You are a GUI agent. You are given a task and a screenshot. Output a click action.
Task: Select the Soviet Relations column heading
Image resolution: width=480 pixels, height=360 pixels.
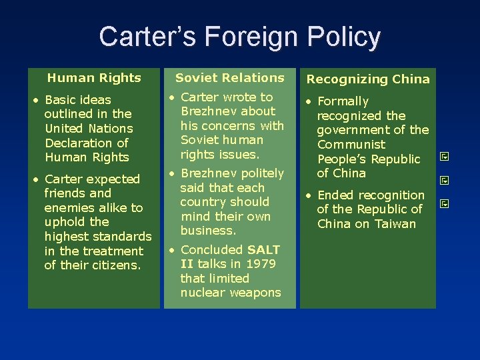click(x=230, y=78)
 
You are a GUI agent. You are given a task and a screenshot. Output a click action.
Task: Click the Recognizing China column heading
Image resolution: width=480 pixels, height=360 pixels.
click(x=368, y=79)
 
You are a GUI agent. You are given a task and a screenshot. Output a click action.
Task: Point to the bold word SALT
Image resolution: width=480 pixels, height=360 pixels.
click(x=264, y=250)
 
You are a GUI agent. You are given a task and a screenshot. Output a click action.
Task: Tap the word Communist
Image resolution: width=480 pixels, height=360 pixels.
click(x=351, y=145)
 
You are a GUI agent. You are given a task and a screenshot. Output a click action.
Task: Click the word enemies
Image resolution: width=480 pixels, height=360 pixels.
click(x=67, y=207)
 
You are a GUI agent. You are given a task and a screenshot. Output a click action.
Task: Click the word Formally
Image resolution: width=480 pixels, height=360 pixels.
click(x=343, y=101)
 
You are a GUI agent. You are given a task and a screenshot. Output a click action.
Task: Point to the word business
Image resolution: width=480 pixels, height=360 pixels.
click(x=208, y=231)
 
